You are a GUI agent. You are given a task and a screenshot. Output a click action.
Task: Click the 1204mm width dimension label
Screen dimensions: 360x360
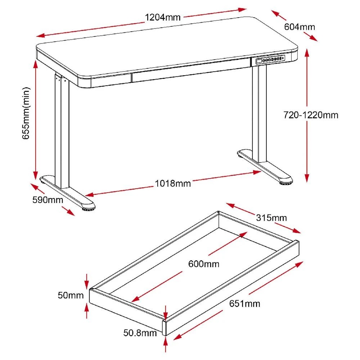click(163, 17)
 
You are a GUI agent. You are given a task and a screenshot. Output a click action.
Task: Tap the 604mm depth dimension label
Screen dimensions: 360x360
click(300, 27)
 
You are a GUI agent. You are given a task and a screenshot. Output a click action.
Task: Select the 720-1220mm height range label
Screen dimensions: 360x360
click(311, 115)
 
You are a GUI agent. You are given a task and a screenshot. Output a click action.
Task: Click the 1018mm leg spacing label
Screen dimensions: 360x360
click(173, 183)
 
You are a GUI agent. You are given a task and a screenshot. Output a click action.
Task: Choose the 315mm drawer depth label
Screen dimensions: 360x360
click(271, 218)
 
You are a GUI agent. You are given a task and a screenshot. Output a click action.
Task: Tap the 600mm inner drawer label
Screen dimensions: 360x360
click(204, 264)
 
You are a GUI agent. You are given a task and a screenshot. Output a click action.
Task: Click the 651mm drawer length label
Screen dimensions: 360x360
click(244, 303)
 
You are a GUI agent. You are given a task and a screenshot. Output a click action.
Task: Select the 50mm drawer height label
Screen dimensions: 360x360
click(71, 296)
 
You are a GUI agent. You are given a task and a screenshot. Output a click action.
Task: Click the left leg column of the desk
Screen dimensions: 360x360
click(61, 130)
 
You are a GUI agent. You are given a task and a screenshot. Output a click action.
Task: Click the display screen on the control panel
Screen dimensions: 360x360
click(259, 62)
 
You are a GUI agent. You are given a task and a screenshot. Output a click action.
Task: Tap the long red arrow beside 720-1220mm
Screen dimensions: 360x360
click(307, 115)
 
